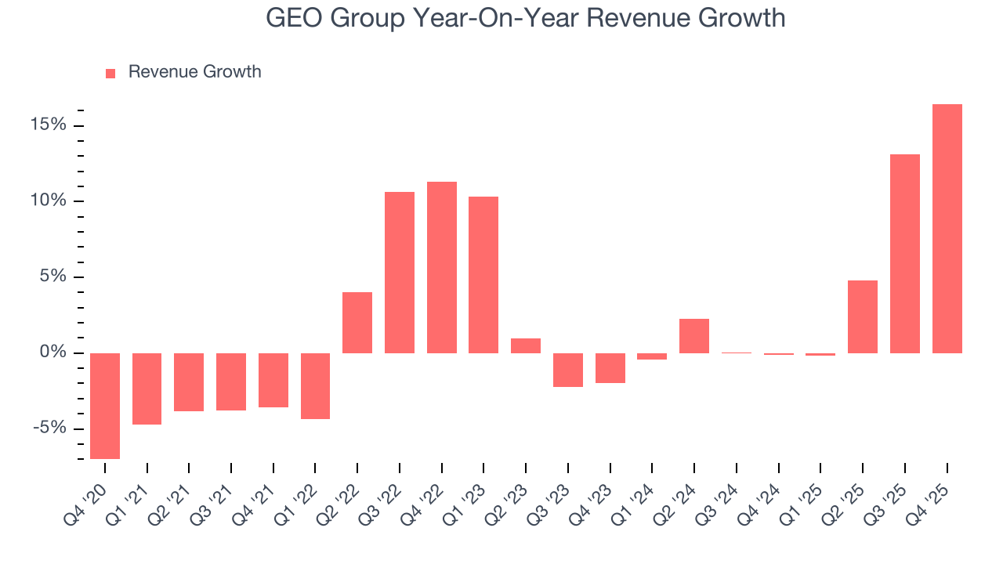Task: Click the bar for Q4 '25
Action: pyautogui.click(x=947, y=229)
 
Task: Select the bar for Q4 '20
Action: pyautogui.click(x=105, y=406)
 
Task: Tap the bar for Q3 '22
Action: pyautogui.click(x=400, y=273)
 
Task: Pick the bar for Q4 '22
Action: pyautogui.click(x=442, y=267)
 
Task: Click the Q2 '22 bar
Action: pyautogui.click(x=357, y=323)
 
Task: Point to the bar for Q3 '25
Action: pyautogui.click(x=905, y=254)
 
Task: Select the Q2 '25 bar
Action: pyautogui.click(x=863, y=316)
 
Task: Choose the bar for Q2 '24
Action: pyautogui.click(x=694, y=336)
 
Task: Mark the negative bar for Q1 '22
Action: pyautogui.click(x=315, y=386)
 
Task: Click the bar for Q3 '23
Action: pyautogui.click(x=568, y=370)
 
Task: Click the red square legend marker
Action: pyautogui.click(x=110, y=73)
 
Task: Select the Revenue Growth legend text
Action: pyautogui.click(x=194, y=72)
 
